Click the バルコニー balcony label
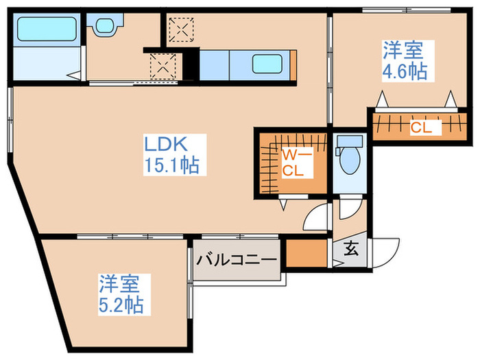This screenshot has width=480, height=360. coord(237,261)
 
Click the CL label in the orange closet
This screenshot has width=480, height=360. coord(420,126)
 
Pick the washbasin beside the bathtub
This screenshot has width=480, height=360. coord(105,27)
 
